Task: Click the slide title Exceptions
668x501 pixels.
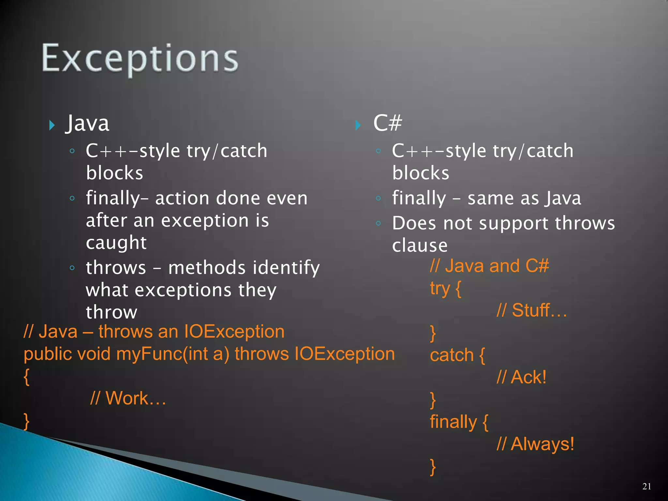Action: pos(140,59)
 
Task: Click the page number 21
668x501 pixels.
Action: pos(646,486)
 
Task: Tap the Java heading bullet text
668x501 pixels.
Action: pos(87,124)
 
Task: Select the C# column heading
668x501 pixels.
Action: pos(387,123)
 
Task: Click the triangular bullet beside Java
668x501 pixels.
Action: pos(52,125)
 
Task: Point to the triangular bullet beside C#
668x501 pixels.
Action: pos(358,125)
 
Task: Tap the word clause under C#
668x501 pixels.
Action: pos(420,246)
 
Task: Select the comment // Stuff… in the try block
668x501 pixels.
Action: pos(532,311)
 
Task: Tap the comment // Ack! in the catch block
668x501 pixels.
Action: pos(521,377)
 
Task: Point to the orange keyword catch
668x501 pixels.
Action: pos(452,355)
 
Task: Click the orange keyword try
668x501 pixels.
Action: pos(440,289)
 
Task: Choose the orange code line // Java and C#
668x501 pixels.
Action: pos(489,266)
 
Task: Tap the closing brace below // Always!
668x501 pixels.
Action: pos(433,467)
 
